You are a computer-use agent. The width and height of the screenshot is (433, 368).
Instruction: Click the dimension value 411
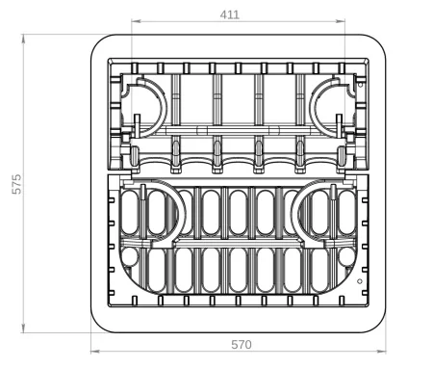click(x=230, y=14)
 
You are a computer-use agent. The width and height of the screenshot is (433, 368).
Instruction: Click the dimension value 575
click(x=16, y=184)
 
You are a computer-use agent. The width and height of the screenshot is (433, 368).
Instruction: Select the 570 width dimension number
click(x=242, y=345)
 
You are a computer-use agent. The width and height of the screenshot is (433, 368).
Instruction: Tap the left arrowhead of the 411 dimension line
click(x=136, y=21)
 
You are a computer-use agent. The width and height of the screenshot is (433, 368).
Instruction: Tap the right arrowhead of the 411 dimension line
click(x=341, y=21)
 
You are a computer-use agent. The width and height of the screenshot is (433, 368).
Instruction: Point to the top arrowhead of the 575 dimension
click(x=23, y=39)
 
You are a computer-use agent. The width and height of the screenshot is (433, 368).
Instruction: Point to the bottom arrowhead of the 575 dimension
click(x=23, y=329)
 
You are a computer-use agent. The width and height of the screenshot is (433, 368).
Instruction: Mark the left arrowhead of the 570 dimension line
click(x=95, y=352)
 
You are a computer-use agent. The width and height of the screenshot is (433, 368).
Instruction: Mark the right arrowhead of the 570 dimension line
click(x=382, y=352)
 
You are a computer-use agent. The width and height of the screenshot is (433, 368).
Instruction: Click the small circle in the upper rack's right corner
click(x=360, y=85)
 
